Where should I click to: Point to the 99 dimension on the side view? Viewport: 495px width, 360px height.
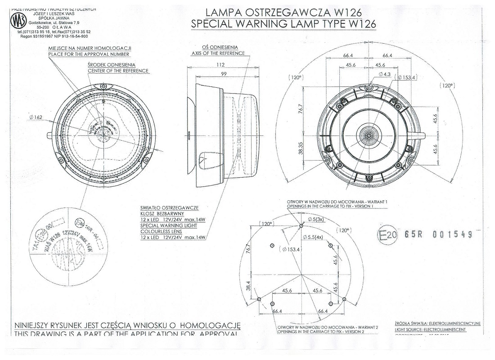[x=224, y=74]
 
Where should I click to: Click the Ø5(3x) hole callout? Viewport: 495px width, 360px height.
[x=316, y=219]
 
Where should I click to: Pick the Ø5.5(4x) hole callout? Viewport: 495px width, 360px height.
[x=313, y=237]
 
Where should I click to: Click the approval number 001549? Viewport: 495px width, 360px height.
[x=452, y=234]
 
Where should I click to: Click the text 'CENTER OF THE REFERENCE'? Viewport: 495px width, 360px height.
[x=118, y=71]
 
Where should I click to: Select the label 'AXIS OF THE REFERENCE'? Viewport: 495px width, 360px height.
[x=218, y=53]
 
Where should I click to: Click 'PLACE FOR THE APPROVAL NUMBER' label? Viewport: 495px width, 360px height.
[x=89, y=54]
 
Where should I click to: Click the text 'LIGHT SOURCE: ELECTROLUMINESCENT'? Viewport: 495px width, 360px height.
[x=430, y=330]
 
